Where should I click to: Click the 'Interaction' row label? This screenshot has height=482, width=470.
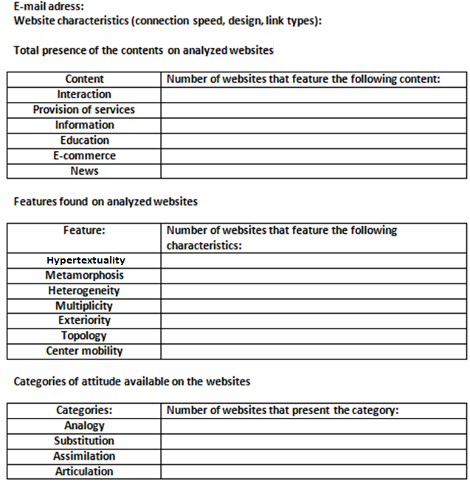click(x=84, y=94)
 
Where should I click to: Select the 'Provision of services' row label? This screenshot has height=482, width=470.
click(x=84, y=110)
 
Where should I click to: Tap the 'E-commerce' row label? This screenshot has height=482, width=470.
click(x=84, y=156)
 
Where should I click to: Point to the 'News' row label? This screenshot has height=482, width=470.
click(x=84, y=171)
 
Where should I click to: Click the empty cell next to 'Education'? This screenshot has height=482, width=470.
click(x=314, y=140)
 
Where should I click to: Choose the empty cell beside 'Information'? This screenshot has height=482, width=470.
click(x=314, y=125)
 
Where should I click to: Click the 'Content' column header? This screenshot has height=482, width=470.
click(x=84, y=79)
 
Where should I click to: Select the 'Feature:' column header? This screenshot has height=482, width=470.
click(x=84, y=230)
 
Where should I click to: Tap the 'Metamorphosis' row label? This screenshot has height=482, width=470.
click(x=84, y=275)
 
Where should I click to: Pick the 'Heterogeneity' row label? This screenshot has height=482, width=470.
click(x=84, y=291)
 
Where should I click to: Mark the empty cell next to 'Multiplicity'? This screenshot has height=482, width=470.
click(x=314, y=306)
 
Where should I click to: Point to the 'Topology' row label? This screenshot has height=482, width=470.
click(x=84, y=336)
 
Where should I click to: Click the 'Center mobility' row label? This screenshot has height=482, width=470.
click(x=84, y=351)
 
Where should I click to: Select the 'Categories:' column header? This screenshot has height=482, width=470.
click(x=84, y=410)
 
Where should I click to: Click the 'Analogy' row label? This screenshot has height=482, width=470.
click(x=84, y=426)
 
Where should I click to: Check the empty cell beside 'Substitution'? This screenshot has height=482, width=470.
click(x=314, y=441)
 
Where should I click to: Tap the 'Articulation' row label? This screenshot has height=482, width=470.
click(x=84, y=472)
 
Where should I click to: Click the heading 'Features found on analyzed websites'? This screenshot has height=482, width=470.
click(x=106, y=202)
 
